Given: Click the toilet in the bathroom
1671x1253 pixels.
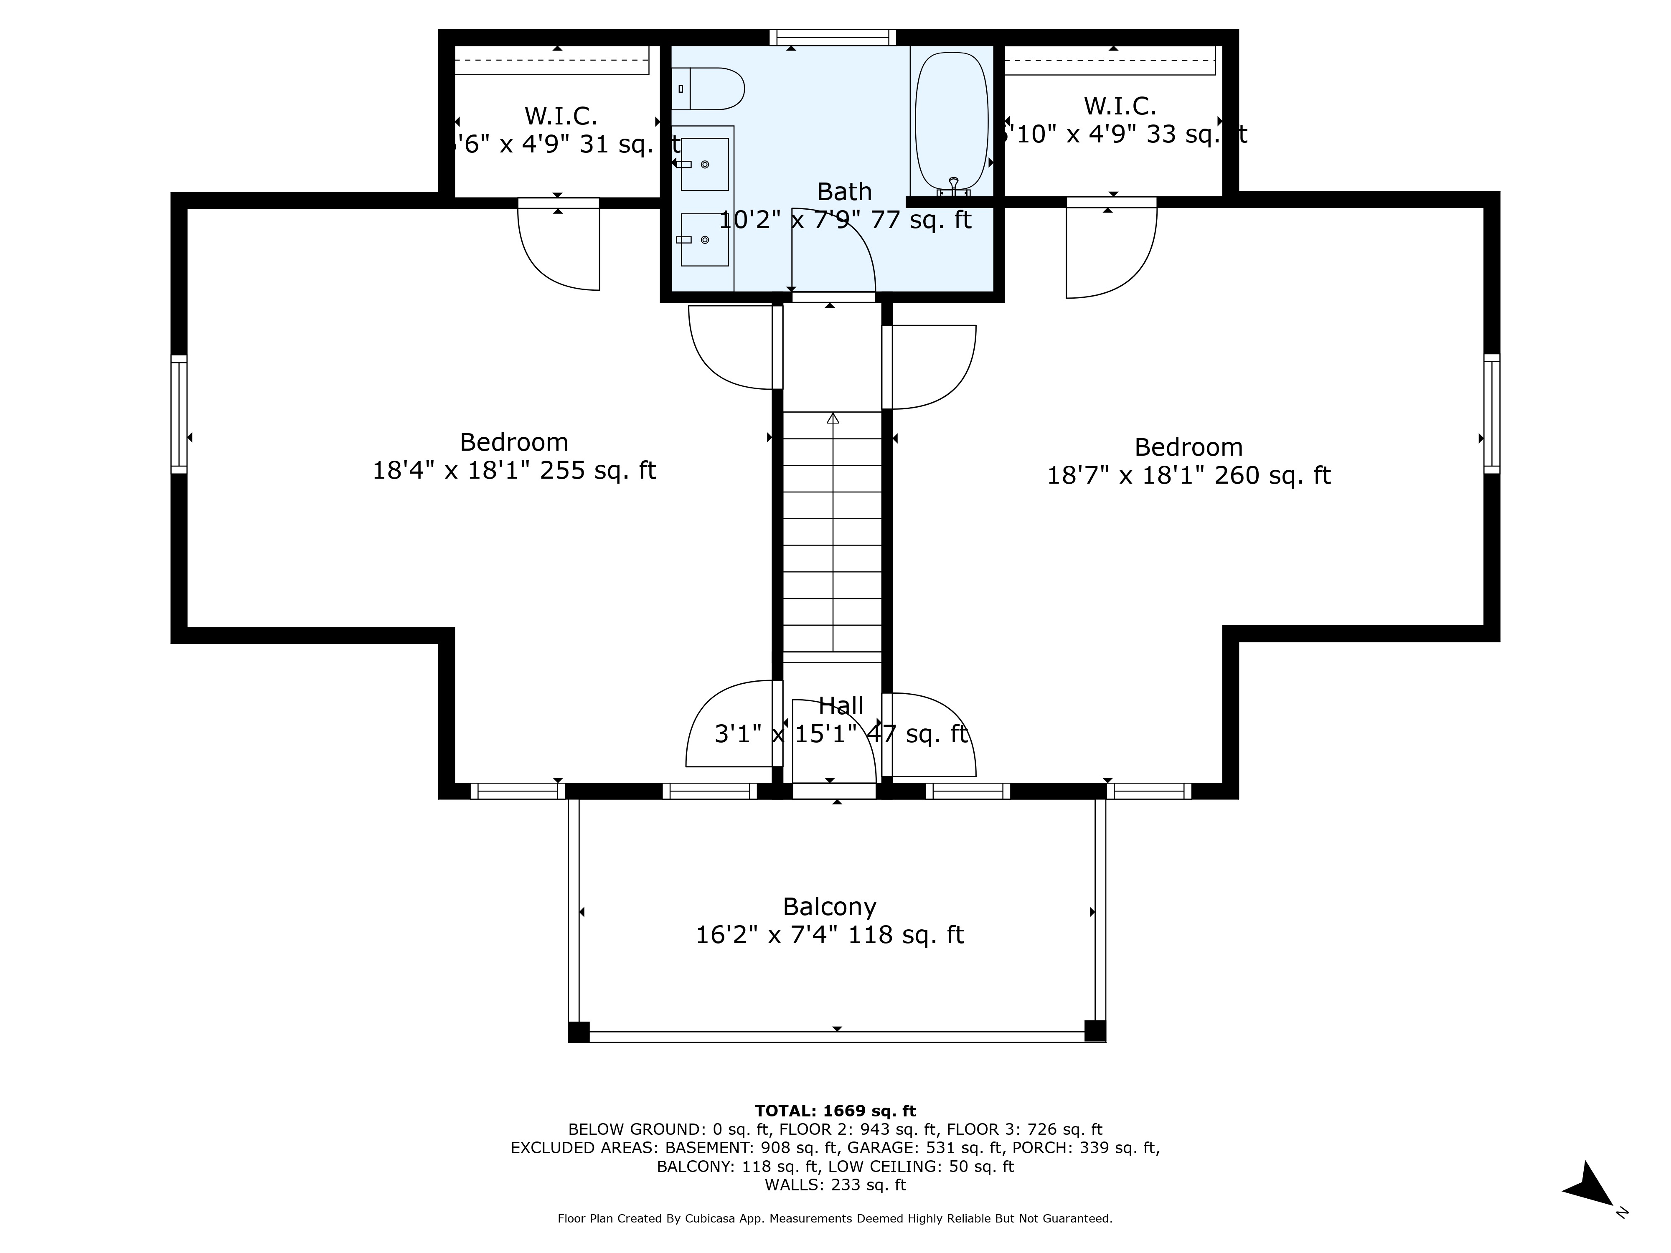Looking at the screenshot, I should [x=710, y=89].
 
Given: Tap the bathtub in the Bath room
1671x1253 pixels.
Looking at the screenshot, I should [x=951, y=121].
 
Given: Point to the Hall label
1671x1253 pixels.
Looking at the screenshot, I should [x=841, y=705].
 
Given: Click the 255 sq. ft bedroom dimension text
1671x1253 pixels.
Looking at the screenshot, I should [x=514, y=471].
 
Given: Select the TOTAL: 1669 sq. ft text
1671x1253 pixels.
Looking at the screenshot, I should [x=835, y=1111].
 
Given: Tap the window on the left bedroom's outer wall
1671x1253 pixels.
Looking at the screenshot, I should [x=178, y=415].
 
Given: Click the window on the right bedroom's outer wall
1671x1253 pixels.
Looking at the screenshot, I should [x=1491, y=415].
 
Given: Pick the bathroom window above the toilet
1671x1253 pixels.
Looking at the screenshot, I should [x=833, y=37].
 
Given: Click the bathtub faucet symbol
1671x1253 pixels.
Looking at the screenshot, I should [x=953, y=186].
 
